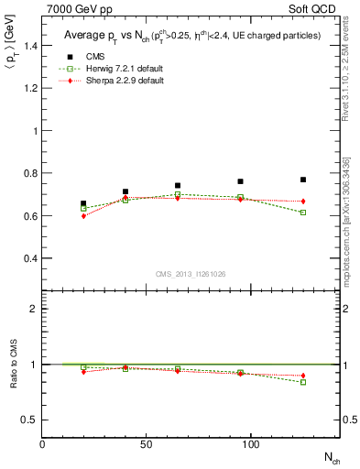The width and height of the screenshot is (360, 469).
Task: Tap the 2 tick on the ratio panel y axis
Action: (x=34, y=309)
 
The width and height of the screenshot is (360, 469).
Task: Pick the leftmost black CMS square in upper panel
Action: (x=83, y=203)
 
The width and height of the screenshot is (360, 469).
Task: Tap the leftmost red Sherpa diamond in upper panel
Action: (x=83, y=216)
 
